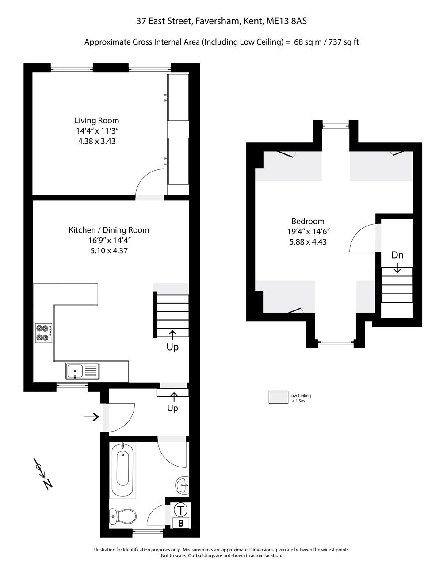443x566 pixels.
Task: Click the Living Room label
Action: pyautogui.click(x=97, y=121)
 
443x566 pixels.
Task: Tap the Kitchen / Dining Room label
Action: pyautogui.click(x=109, y=230)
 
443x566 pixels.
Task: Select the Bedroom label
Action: pyautogui.click(x=308, y=221)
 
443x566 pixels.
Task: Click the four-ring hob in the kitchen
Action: pyautogui.click(x=44, y=333)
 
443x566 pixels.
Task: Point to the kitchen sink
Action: pyautogui.click(x=82, y=371)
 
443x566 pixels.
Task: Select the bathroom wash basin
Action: pyautogui.click(x=182, y=485)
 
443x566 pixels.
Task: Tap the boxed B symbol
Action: pyautogui.click(x=181, y=523)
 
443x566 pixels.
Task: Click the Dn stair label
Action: pyautogui.click(x=397, y=255)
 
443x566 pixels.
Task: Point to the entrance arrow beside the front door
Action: pyautogui.click(x=91, y=417)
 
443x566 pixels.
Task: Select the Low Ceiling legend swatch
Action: pyautogui.click(x=279, y=397)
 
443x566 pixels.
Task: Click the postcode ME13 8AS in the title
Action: pyautogui.click(x=286, y=21)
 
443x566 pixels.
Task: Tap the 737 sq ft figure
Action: pyautogui.click(x=344, y=42)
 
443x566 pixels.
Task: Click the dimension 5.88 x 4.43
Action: pyautogui.click(x=308, y=242)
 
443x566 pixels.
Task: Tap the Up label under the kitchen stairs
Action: pyautogui.click(x=172, y=347)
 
